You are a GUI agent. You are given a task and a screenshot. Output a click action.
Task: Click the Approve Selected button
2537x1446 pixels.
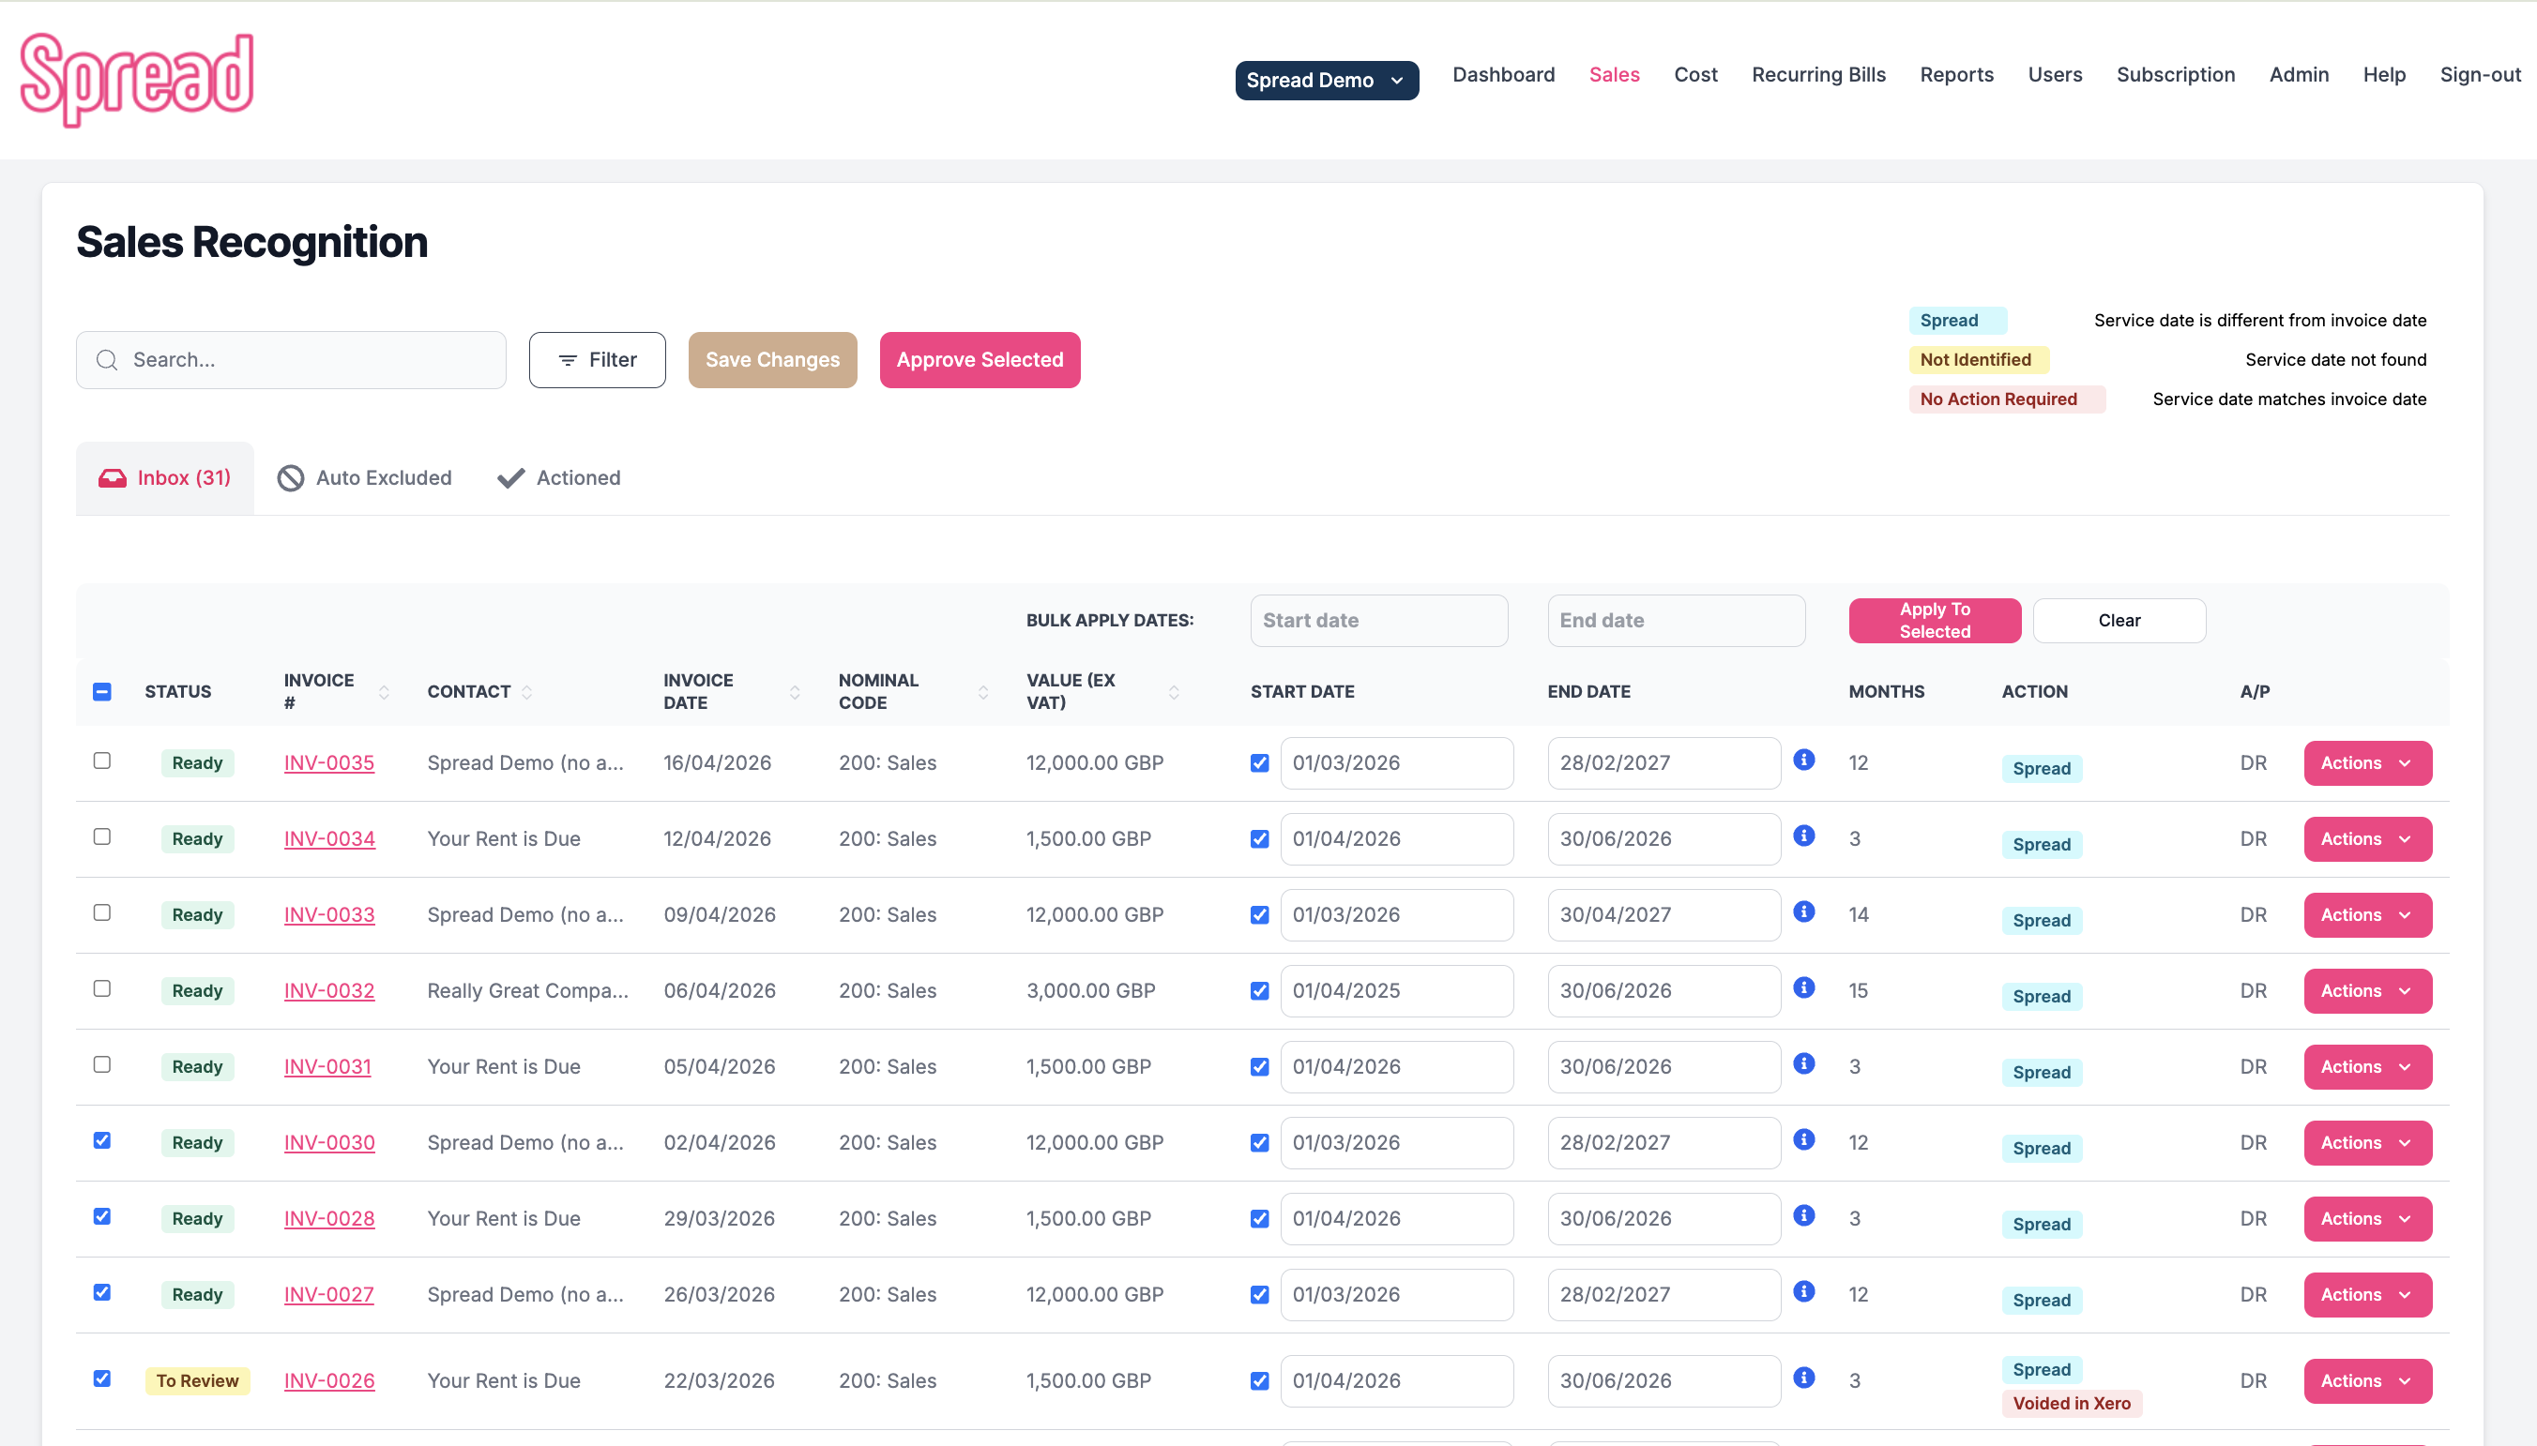tap(980, 359)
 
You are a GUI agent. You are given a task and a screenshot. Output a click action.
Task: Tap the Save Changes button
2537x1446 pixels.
tap(772, 359)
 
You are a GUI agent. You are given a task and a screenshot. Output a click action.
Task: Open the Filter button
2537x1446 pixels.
tap(597, 359)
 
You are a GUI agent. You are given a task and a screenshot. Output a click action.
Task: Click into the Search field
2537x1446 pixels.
tap(308, 359)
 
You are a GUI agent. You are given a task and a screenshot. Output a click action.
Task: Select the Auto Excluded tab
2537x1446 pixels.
tap(365, 477)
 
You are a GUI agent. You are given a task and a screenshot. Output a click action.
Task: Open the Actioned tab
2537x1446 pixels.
tap(559, 477)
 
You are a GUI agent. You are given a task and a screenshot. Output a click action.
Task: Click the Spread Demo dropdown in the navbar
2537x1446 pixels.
tap(1326, 81)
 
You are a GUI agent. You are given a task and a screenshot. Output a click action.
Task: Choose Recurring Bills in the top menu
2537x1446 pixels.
tap(1817, 74)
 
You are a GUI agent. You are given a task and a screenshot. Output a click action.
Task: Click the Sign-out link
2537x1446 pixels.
tap(2480, 74)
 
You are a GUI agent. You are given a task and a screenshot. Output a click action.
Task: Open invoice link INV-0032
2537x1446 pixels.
tap(328, 990)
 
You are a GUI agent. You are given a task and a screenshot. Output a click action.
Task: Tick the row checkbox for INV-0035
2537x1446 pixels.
tap(101, 761)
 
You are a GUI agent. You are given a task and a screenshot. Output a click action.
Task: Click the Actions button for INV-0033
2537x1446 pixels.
tap(2366, 914)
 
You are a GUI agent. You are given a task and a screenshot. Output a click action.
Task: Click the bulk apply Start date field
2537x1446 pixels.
tap(1377, 621)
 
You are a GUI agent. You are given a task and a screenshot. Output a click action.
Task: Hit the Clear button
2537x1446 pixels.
tap(2118, 621)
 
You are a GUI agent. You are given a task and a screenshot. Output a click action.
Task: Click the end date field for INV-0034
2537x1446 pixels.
tap(1663, 839)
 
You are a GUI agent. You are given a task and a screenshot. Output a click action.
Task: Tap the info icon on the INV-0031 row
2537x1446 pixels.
tap(1804, 1063)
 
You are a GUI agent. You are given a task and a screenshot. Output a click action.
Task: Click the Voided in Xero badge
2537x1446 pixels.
tap(2071, 1403)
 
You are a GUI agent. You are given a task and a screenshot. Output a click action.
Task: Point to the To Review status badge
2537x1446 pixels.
tap(197, 1380)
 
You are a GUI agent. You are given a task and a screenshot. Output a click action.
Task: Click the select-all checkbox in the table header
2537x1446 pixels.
tap(101, 691)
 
